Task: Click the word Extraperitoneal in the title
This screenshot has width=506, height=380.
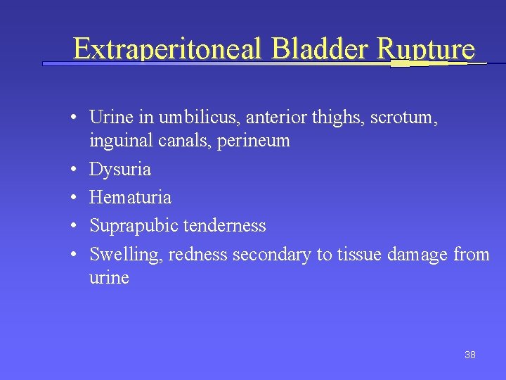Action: coord(167,49)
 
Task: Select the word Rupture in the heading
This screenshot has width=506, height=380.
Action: coord(427,49)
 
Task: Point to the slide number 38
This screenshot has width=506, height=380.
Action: coord(470,355)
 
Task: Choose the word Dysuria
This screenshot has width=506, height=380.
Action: coord(120,170)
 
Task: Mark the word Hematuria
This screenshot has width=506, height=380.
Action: coord(130,198)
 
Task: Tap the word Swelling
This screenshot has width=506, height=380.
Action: coord(126,254)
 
